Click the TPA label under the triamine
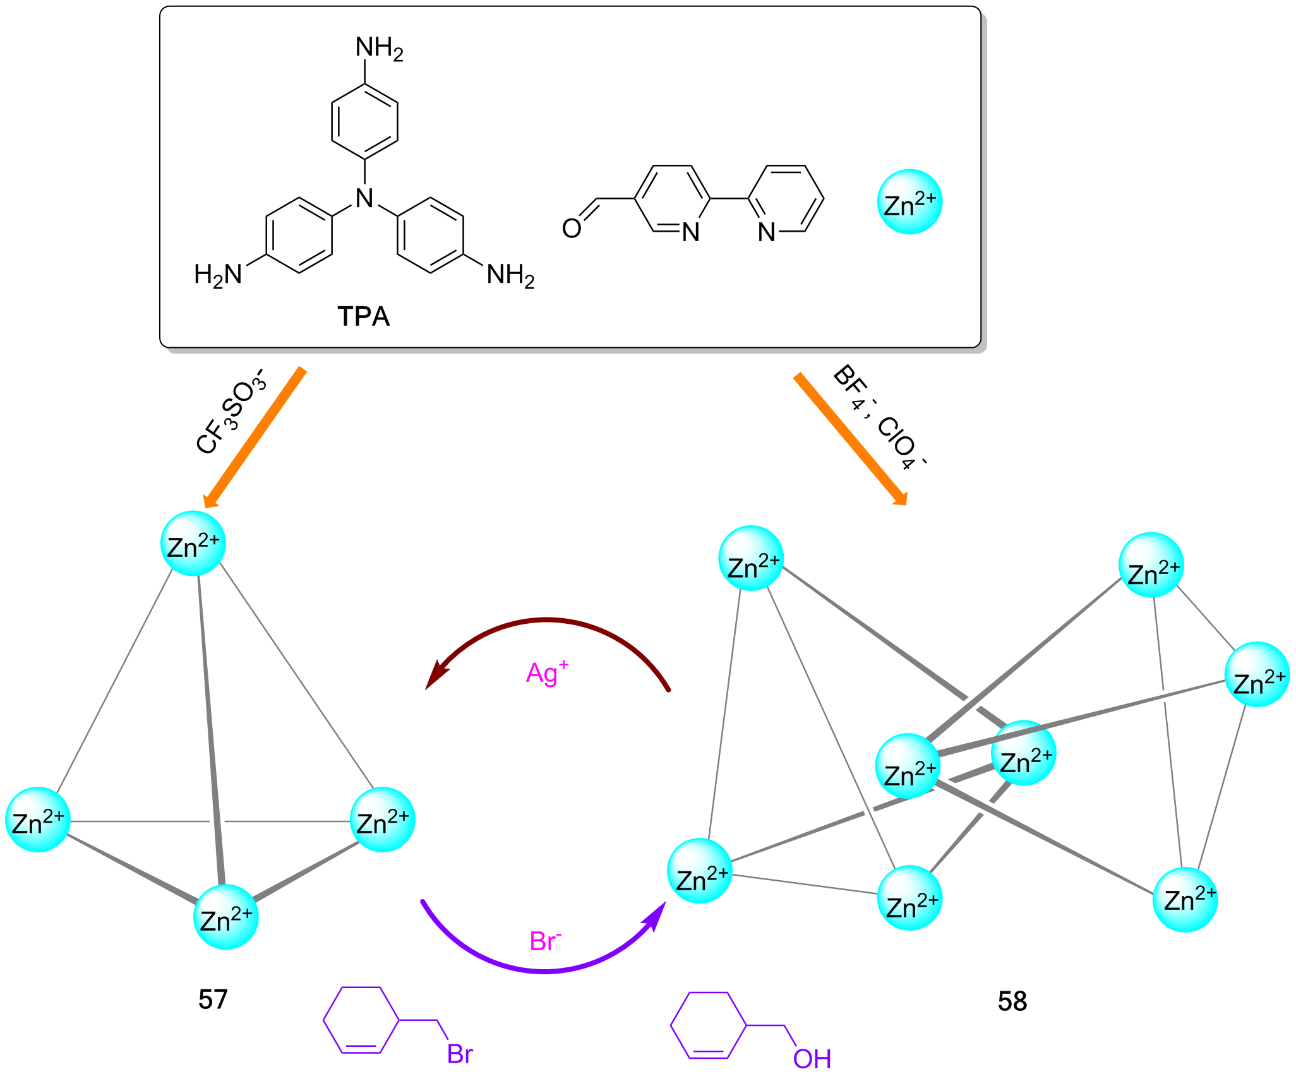pyautogui.click(x=364, y=316)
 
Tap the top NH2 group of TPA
pyautogui.click(x=379, y=49)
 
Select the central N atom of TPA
pyautogui.click(x=364, y=198)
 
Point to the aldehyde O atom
pyautogui.click(x=572, y=229)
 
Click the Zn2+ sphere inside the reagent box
pyautogui.click(x=909, y=202)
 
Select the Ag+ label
pyautogui.click(x=547, y=673)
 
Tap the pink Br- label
pyautogui.click(x=545, y=941)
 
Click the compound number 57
pyautogui.click(x=213, y=999)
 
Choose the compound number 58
pyautogui.click(x=1012, y=1001)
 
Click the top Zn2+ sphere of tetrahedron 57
pyautogui.click(x=193, y=544)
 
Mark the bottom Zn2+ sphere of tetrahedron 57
pyautogui.click(x=226, y=917)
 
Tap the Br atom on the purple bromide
pyautogui.click(x=460, y=1054)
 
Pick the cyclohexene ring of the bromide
pyautogui.click(x=361, y=1020)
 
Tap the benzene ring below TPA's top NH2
pyautogui.click(x=364, y=121)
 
